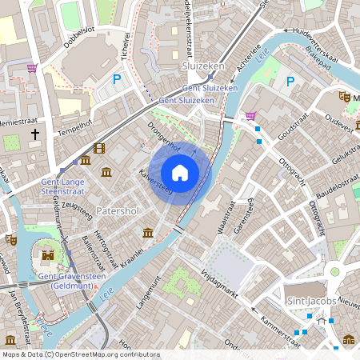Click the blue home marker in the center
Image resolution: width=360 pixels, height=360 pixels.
[x=180, y=172]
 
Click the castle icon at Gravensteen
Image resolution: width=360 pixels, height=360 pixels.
[x=48, y=256]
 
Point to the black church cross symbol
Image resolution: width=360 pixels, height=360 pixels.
[x=35, y=134]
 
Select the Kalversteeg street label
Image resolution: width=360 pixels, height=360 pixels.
[x=155, y=182]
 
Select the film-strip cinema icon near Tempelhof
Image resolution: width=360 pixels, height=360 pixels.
[x=98, y=148]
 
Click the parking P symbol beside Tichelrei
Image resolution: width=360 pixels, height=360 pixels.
[x=118, y=79]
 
